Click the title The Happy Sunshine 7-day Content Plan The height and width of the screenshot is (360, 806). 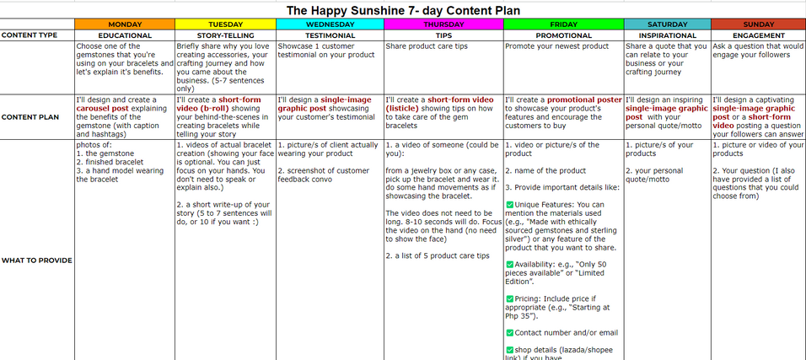click(x=403, y=9)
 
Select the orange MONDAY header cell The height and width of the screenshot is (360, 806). click(x=125, y=24)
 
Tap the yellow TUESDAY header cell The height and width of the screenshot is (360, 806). click(x=225, y=24)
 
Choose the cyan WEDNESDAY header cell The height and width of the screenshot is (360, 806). click(x=330, y=24)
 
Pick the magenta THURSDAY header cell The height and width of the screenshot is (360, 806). click(x=443, y=24)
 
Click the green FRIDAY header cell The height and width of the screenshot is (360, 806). click(x=563, y=24)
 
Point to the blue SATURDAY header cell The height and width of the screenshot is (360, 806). click(x=667, y=24)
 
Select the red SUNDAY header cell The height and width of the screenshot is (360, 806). click(x=758, y=24)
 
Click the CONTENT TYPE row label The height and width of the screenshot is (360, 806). click(x=30, y=35)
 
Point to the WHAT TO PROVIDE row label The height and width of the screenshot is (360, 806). click(x=36, y=260)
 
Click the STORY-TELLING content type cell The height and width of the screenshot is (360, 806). click(x=225, y=35)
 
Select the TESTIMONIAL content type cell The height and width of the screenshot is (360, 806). click(x=330, y=35)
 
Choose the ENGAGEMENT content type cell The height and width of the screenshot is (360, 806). click(x=758, y=35)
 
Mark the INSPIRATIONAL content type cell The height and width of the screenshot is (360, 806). click(x=667, y=35)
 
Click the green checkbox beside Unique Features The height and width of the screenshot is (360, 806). click(x=509, y=205)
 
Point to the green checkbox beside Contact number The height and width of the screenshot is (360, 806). click(x=509, y=333)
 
